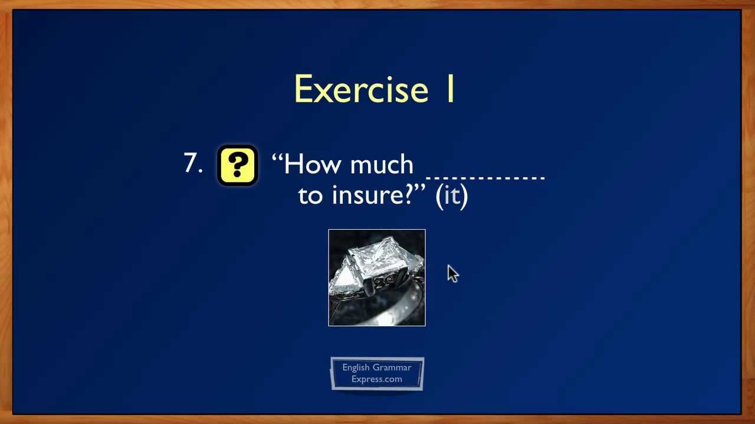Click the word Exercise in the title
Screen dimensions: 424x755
tap(360, 90)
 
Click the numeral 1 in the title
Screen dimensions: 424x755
tap(449, 90)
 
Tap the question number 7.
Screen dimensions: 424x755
tap(192, 163)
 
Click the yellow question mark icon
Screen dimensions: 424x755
tap(237, 165)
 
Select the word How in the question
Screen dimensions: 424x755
tap(313, 164)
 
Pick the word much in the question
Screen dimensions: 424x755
tap(382, 164)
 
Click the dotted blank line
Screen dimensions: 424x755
tap(485, 176)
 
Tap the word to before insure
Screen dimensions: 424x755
tap(311, 196)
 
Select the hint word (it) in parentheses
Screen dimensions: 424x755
tap(451, 195)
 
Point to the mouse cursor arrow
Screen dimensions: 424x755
tap(452, 273)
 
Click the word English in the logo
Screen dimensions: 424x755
tap(356, 367)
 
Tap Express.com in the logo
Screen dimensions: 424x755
tap(377, 379)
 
